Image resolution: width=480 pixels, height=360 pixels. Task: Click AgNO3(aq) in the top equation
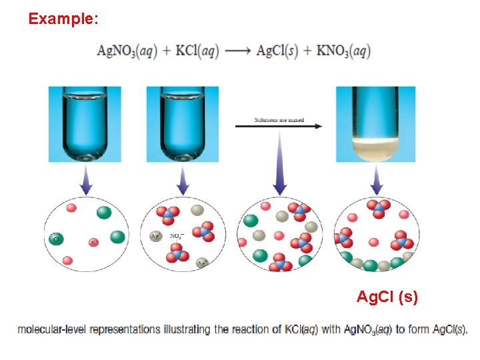tap(127, 51)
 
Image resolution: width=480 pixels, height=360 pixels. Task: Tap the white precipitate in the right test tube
tap(376, 151)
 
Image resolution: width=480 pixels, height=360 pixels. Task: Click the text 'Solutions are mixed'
tap(279, 120)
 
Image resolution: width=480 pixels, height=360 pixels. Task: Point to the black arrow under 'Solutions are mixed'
tap(279, 126)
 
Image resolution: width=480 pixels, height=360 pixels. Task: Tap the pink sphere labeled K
tap(93, 242)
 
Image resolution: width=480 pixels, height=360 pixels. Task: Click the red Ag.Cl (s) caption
tap(387, 297)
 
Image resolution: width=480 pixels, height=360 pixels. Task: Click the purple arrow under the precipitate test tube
tap(377, 180)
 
